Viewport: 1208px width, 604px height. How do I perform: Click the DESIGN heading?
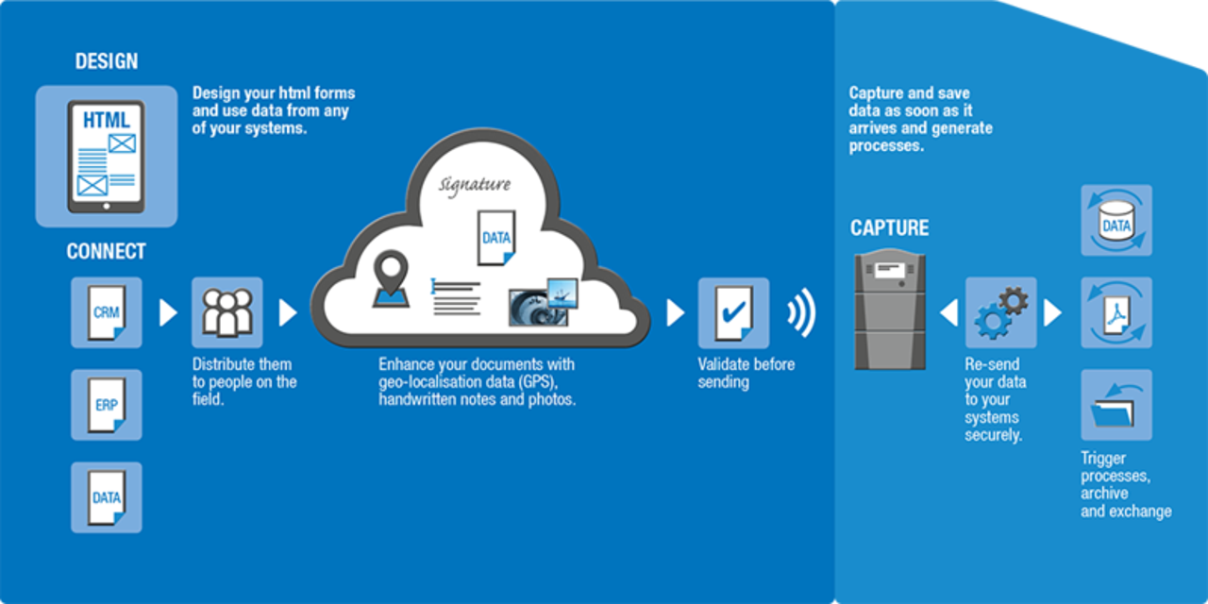[x=107, y=62]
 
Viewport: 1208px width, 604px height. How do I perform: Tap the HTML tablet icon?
[x=106, y=156]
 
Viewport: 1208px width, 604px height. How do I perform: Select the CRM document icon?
[x=107, y=312]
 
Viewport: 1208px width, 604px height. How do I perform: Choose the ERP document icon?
[x=107, y=405]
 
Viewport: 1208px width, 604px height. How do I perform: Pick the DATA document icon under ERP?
[x=107, y=497]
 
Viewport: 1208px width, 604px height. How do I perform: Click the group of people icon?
[x=227, y=312]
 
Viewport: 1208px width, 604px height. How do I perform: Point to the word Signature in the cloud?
[x=475, y=184]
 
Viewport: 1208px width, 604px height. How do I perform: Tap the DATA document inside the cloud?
[x=496, y=238]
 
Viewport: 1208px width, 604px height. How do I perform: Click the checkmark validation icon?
[x=732, y=312]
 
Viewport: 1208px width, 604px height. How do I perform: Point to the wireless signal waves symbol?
[x=802, y=312]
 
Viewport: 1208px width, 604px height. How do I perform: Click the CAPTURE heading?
[x=889, y=228]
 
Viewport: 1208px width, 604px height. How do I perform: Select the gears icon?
[x=1000, y=312]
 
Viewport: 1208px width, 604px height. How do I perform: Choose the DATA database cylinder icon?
[x=1116, y=220]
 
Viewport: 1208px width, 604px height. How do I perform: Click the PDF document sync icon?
[x=1116, y=312]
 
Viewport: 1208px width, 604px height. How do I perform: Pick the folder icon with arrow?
[x=1116, y=405]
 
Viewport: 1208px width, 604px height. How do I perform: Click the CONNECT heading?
[x=106, y=252]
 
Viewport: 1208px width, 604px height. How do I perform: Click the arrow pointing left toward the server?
[x=948, y=312]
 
